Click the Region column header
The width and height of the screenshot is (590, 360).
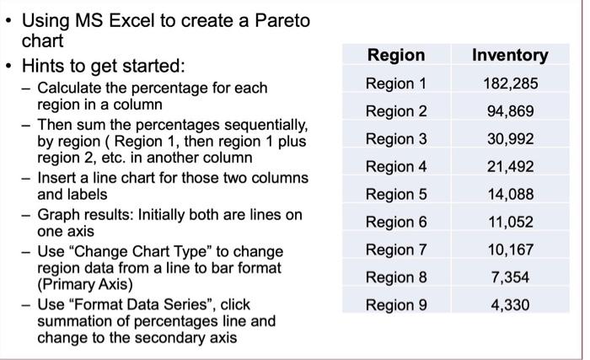coord(396,56)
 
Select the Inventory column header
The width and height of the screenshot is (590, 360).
coord(509,56)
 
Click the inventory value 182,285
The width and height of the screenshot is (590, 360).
coord(509,83)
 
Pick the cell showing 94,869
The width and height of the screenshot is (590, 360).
coord(509,111)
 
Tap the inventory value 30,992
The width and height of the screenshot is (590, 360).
coord(509,139)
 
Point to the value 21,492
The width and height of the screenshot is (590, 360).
coord(509,167)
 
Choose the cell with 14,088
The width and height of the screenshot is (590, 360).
coord(509,195)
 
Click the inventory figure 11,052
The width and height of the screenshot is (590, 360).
coord(509,222)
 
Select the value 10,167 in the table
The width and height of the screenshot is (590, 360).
coord(509,250)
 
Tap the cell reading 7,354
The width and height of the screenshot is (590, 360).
coord(509,277)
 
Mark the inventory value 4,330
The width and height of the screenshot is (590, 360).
coord(509,304)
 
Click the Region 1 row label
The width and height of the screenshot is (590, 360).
coord(396,83)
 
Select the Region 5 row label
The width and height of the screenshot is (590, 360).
coord(396,195)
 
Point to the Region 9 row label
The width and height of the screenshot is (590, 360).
coord(396,304)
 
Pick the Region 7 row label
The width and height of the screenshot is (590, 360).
coord(396,250)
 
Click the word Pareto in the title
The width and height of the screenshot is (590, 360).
coord(280,20)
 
